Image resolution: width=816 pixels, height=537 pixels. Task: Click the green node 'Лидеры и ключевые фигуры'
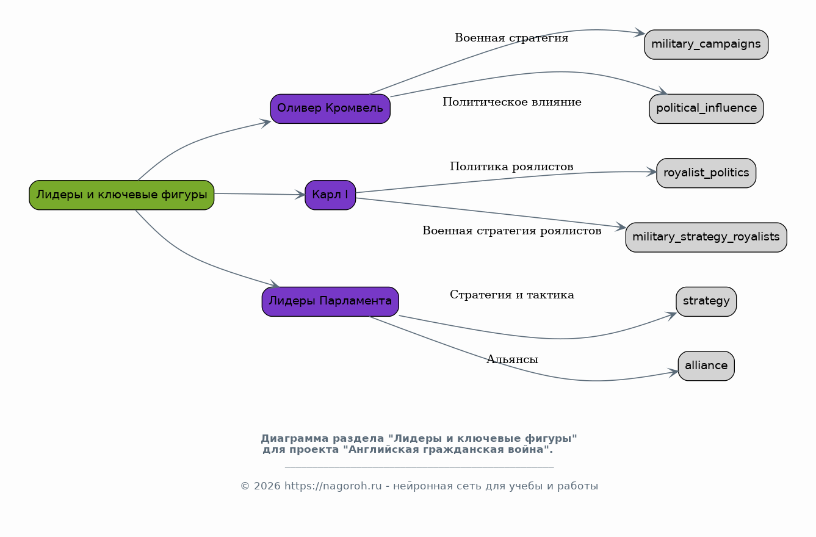tap(121, 195)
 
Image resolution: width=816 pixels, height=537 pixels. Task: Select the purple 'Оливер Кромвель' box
tap(330, 109)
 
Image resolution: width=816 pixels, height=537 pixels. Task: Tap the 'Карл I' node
tap(330, 195)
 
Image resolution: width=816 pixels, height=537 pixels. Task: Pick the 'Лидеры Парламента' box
tap(330, 301)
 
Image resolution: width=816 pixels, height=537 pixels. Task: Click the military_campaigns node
tap(706, 45)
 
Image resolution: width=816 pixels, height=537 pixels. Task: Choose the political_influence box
tap(706, 109)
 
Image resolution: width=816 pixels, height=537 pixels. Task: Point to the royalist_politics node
tap(706, 173)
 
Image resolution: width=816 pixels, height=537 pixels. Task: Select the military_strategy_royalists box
tap(706, 237)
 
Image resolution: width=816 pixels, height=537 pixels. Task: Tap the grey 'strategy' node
tap(706, 301)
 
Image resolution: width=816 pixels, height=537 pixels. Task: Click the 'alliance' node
tap(706, 366)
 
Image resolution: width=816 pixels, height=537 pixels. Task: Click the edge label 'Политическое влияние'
tap(512, 102)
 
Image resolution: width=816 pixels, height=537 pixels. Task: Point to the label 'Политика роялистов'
tap(511, 167)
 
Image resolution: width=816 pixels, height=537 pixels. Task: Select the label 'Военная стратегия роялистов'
tap(512, 231)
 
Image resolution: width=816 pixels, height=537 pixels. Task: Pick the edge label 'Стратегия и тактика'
tap(512, 295)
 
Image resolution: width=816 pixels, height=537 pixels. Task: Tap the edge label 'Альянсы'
tap(512, 359)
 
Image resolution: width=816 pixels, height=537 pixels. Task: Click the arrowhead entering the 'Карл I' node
tap(300, 195)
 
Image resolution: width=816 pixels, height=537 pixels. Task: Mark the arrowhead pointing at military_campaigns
tap(640, 32)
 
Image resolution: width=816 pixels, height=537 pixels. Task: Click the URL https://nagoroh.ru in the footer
tap(333, 486)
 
